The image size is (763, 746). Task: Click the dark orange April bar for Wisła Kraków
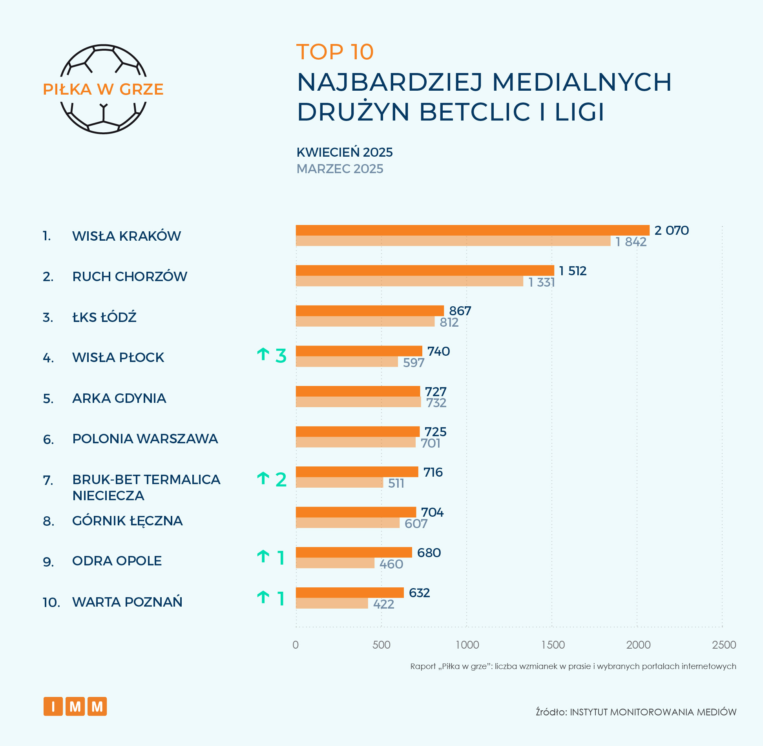(472, 230)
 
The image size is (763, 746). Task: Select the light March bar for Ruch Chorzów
(409, 282)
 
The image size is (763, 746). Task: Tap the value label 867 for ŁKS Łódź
(460, 311)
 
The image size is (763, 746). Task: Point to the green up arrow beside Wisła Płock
(263, 354)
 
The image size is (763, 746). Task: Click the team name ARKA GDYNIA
(119, 398)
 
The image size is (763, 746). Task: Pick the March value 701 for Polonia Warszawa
(431, 443)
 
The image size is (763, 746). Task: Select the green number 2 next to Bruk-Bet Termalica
(281, 479)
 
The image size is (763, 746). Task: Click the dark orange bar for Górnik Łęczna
(356, 512)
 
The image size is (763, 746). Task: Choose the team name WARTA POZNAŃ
(127, 602)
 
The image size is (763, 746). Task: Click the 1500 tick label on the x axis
(553, 645)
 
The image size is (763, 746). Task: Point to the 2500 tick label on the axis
(724, 645)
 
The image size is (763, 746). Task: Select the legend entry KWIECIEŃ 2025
(345, 152)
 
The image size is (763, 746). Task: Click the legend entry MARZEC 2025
(340, 169)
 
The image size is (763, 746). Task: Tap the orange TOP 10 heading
(335, 52)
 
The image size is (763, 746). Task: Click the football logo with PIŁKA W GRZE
(103, 89)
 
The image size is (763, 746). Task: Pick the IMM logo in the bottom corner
(75, 706)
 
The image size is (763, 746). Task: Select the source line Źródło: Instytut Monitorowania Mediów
(636, 712)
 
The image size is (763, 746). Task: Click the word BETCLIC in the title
(475, 112)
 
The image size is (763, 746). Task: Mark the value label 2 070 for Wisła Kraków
(672, 230)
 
